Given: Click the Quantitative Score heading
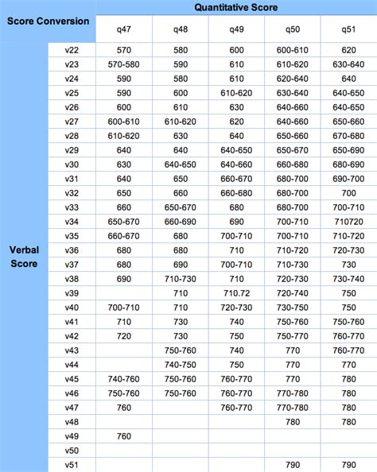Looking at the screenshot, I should click(x=236, y=7).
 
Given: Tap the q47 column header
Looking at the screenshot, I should click(x=123, y=29).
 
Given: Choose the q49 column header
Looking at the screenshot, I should click(x=236, y=29).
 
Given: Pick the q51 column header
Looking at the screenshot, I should click(x=348, y=29).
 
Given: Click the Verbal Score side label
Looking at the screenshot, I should click(x=24, y=256).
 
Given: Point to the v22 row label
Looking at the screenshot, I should click(x=72, y=50).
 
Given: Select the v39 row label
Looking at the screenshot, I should click(x=72, y=293).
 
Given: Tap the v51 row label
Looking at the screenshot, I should click(x=72, y=465).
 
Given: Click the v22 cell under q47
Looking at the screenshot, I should click(x=123, y=50).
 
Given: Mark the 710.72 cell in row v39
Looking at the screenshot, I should click(x=236, y=293).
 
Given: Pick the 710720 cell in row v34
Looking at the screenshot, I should click(x=348, y=222).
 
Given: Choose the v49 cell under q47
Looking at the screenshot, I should click(x=123, y=436).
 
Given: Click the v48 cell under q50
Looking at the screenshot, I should click(x=292, y=422).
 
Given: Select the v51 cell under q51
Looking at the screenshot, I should click(x=348, y=465).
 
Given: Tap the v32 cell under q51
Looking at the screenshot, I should click(x=348, y=193).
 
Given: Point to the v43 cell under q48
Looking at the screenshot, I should click(x=181, y=350).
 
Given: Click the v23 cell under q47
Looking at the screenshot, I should click(x=123, y=64).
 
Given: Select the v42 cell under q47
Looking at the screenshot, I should click(x=123, y=336).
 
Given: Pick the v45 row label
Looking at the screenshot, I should click(x=72, y=379).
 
